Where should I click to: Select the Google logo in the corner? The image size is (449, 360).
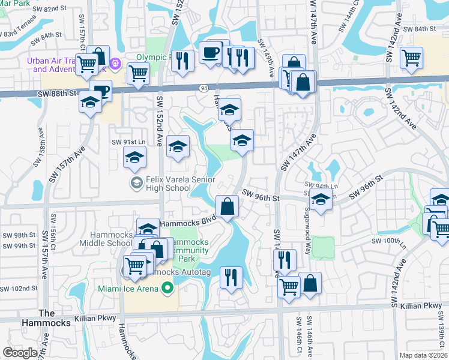tap(20, 353)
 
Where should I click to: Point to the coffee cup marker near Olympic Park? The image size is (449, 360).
tap(210, 52)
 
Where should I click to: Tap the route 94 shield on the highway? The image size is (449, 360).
tap(204, 88)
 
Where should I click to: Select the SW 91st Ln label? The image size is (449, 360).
tap(128, 142)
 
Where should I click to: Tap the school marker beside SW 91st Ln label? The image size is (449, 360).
tap(134, 158)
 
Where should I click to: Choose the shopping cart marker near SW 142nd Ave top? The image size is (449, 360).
tap(411, 58)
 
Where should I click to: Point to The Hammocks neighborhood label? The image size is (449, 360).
tap(54, 318)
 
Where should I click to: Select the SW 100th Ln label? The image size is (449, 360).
tap(390, 241)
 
